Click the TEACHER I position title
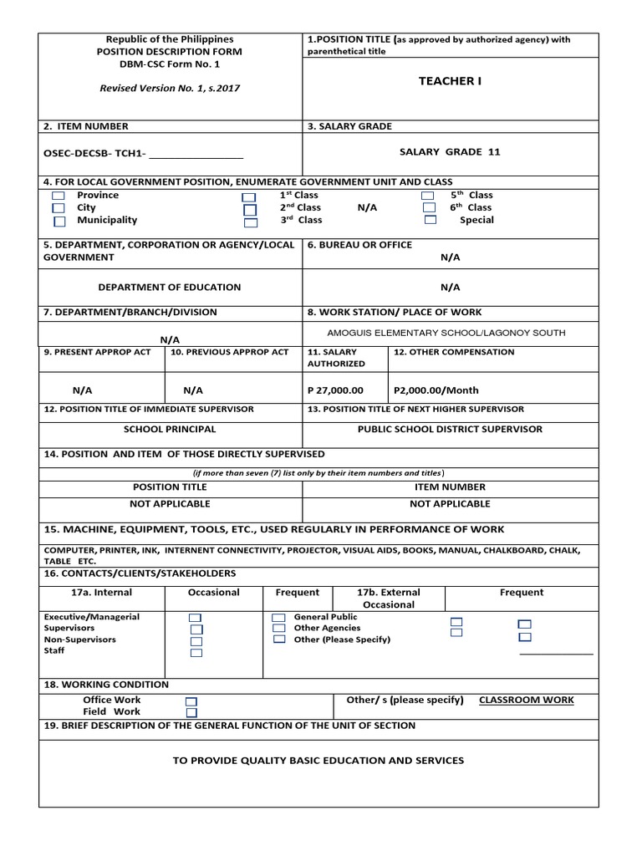(x=450, y=81)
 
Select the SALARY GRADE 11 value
(x=450, y=152)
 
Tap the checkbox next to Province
(x=59, y=196)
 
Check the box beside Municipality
(x=59, y=222)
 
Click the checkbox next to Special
(x=430, y=221)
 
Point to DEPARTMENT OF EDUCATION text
(x=169, y=288)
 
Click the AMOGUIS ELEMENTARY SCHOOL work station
(x=446, y=333)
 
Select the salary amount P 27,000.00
(x=335, y=390)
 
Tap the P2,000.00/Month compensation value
(x=436, y=390)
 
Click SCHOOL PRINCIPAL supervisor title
(x=169, y=429)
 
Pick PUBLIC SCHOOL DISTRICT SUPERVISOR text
(x=450, y=429)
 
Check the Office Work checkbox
(x=191, y=701)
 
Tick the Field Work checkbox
(x=191, y=713)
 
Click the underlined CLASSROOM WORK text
(x=526, y=701)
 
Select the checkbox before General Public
(x=279, y=618)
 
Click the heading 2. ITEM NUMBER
(x=86, y=126)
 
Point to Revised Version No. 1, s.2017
(x=169, y=88)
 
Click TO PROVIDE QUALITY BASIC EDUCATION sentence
(x=318, y=761)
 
